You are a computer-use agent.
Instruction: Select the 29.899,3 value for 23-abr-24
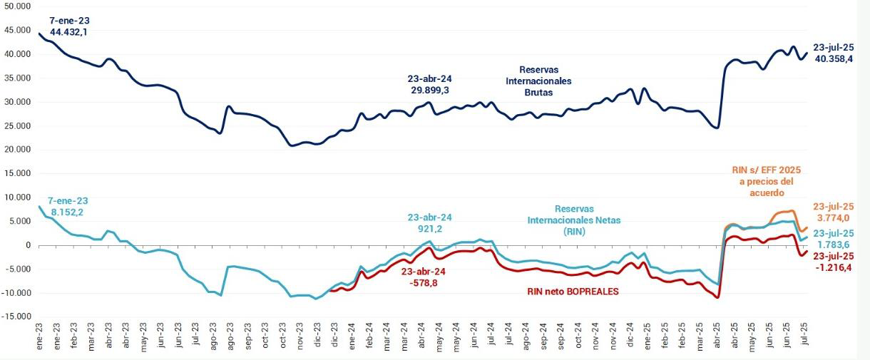coord(429,91)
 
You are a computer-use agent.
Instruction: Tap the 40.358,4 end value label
coord(833,59)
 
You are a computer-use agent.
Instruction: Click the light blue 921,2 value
coord(429,229)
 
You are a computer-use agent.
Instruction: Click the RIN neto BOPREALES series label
coord(572,291)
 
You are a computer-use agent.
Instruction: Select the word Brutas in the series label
coord(545,93)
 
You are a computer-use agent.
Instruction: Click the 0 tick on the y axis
coord(28,245)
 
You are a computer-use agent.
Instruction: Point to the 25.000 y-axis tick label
coord(16,125)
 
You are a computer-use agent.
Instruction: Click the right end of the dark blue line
coord(807,52)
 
